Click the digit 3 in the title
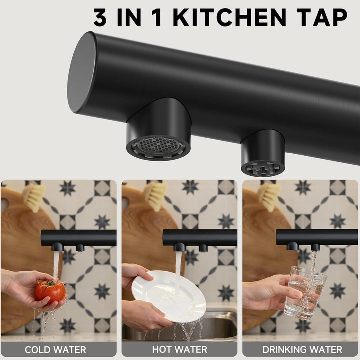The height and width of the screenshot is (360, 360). point(100,18)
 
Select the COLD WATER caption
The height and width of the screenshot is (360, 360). point(55,350)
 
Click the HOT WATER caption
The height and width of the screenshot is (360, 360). point(180,349)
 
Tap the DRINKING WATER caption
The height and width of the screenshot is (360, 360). point(302,350)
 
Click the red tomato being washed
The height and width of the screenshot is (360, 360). point(50,292)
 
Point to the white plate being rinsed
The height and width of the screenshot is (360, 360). point(169,296)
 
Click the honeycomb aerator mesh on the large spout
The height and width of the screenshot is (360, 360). point(158,145)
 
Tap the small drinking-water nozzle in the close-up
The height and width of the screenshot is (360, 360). point(263,153)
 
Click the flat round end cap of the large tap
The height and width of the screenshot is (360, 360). point(81,72)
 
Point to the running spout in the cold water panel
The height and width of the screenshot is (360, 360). point(57,247)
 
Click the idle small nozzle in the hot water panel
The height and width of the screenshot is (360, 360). point(203,248)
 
